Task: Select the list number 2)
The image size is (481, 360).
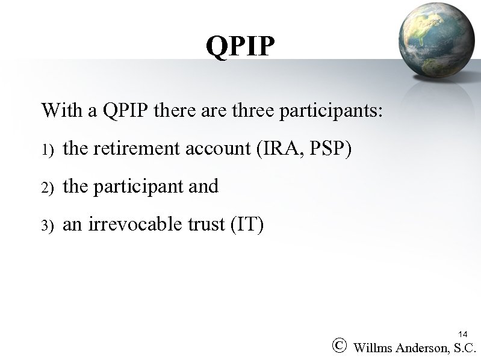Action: (x=48, y=188)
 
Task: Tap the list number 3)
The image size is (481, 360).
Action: (x=48, y=226)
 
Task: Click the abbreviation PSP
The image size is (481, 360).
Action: (x=328, y=148)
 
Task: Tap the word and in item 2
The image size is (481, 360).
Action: (x=203, y=186)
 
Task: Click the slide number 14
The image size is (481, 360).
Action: (x=462, y=334)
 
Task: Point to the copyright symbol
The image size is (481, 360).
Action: (x=340, y=346)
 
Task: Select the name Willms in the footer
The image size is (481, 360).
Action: (x=375, y=347)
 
